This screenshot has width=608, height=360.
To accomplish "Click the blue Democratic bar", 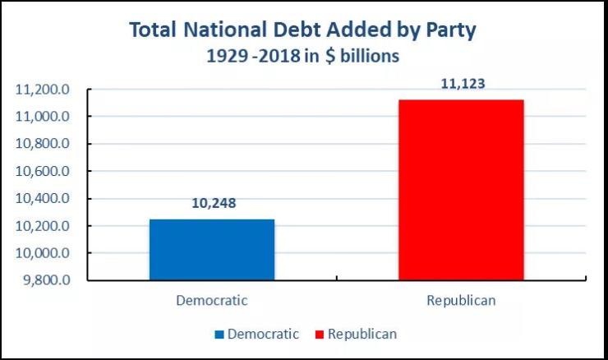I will coord(211,250).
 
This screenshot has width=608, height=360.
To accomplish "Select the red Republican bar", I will coord(461,190).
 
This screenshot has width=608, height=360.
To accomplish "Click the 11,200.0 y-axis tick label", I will coord(43,90).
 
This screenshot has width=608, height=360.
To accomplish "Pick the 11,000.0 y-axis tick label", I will coord(43,117).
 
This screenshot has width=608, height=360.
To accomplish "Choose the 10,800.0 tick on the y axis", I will coord(43,144).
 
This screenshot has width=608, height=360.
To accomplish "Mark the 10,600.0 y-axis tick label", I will coord(43,171).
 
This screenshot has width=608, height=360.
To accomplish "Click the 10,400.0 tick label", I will coord(43,198).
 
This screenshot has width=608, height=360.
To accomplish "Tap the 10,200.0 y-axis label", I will coord(43,226).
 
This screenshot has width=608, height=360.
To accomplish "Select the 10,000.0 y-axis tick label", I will coord(43,253).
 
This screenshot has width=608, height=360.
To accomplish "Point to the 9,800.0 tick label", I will coord(46,280).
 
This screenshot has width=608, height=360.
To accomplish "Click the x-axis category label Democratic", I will coord(211,301).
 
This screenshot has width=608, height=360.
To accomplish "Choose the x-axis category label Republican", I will coord(461,301).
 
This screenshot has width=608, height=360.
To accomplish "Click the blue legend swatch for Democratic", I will coord(219,335).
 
